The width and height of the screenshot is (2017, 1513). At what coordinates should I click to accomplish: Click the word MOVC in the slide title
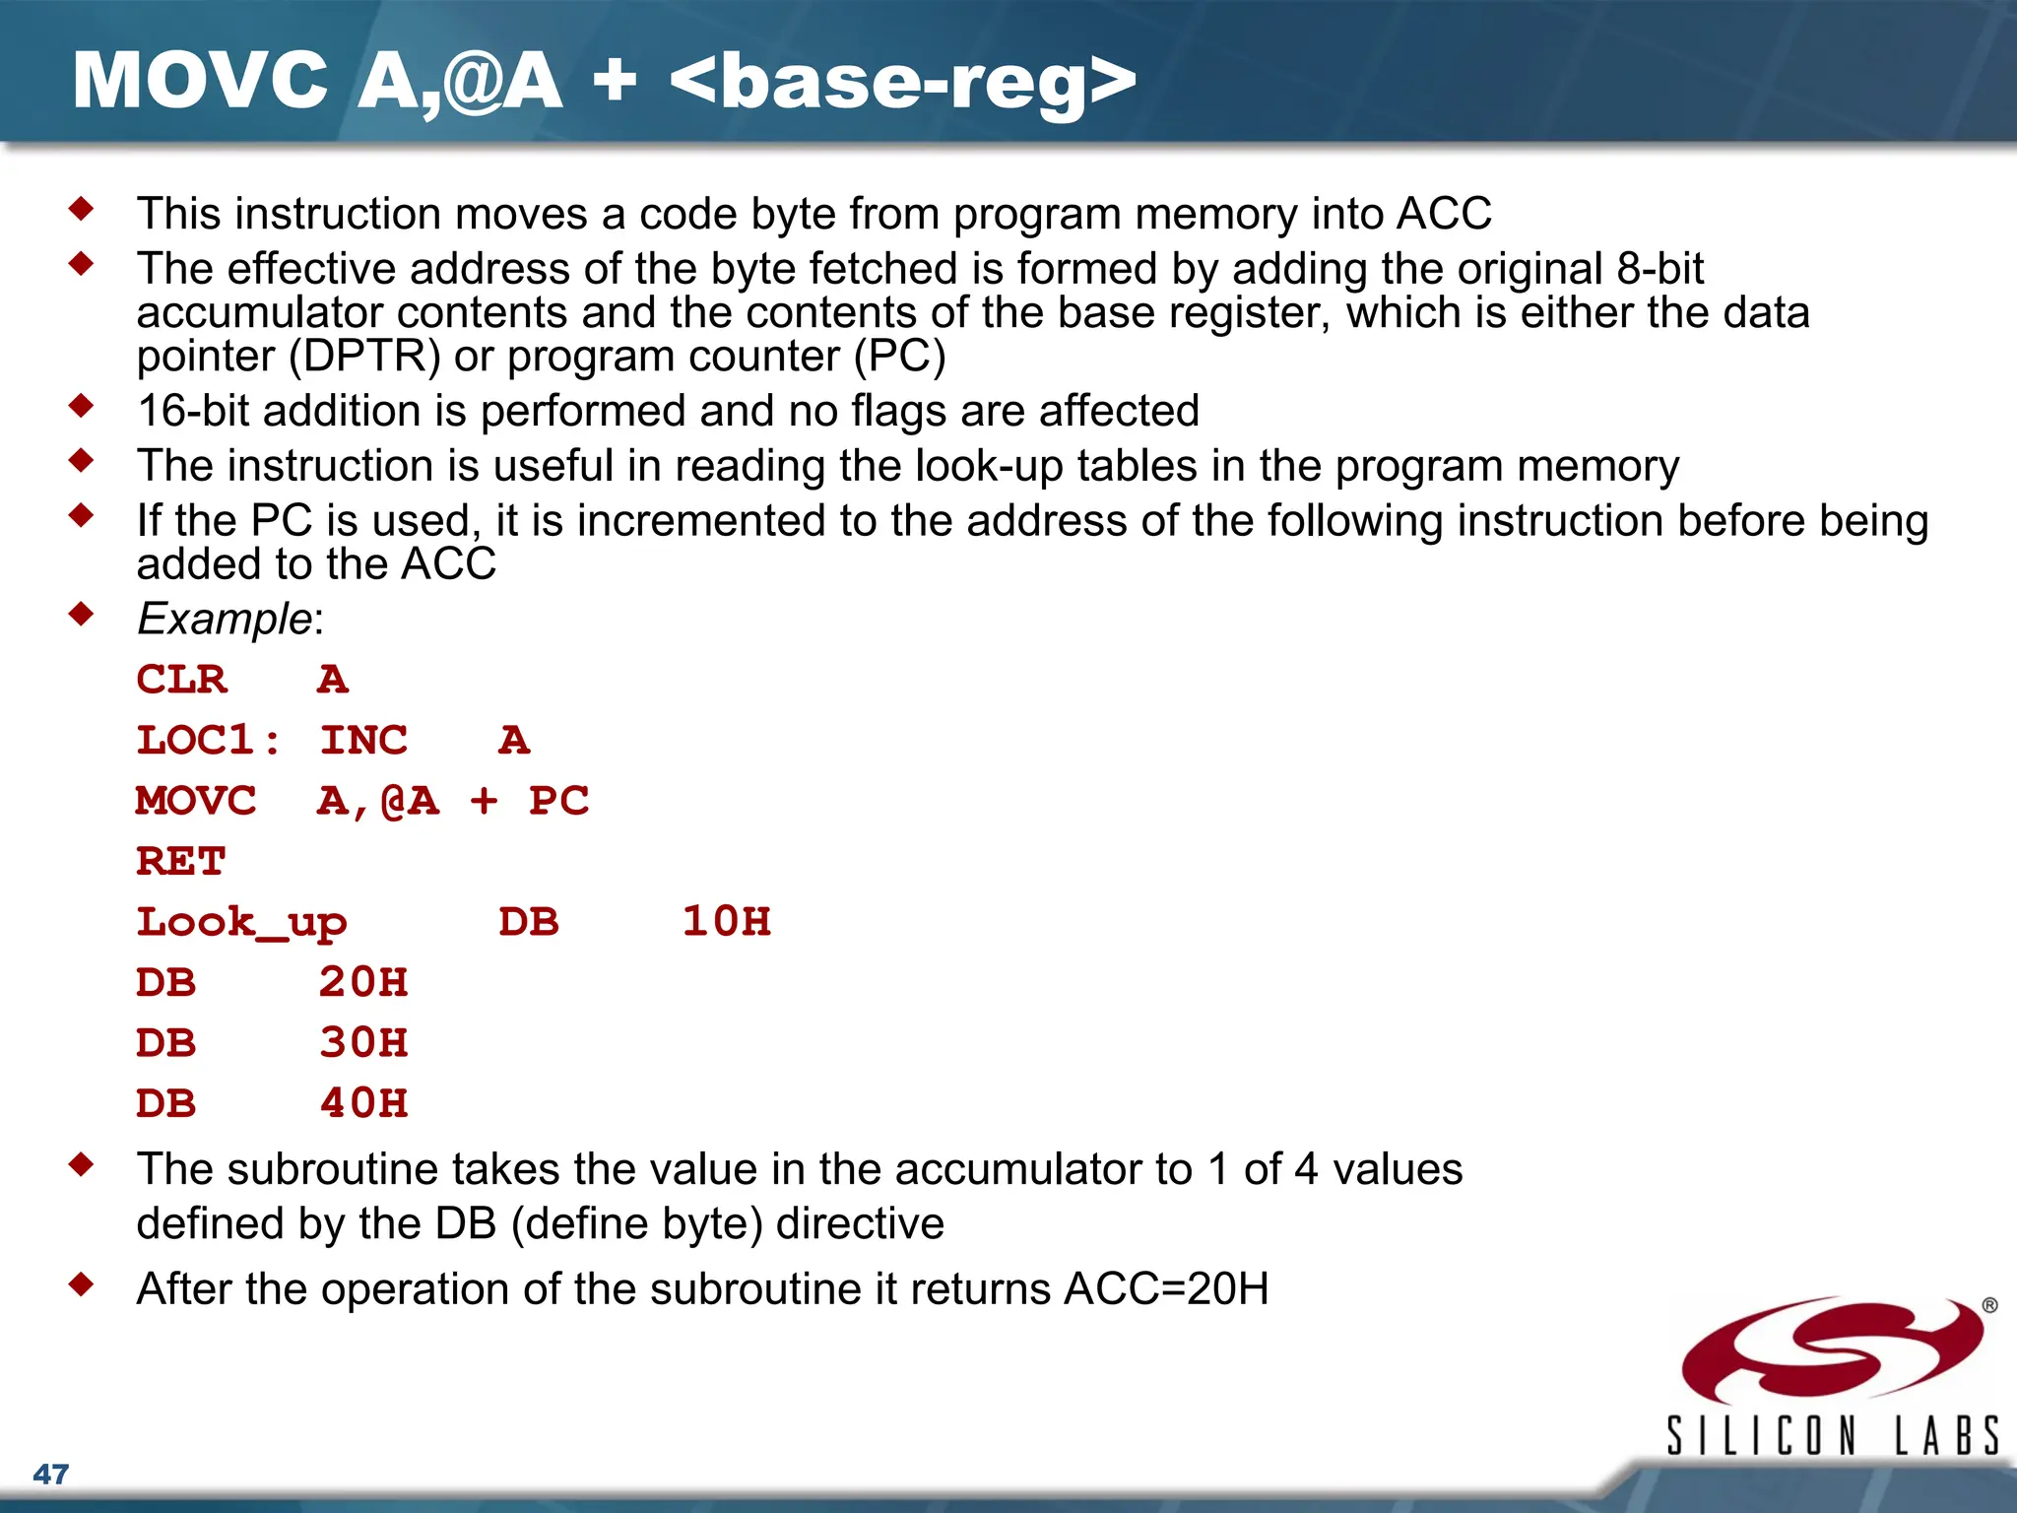click(x=200, y=81)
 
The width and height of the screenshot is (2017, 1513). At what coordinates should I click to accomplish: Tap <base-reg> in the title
click(x=902, y=81)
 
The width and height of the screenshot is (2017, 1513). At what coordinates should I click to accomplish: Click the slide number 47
click(x=51, y=1474)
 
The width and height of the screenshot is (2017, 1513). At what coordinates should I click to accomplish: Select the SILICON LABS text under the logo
click(x=1832, y=1435)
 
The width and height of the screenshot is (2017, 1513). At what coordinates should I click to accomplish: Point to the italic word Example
click(x=225, y=619)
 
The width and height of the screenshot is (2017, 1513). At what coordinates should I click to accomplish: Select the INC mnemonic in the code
click(x=363, y=741)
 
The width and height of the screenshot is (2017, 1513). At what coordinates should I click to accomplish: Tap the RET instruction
click(x=181, y=862)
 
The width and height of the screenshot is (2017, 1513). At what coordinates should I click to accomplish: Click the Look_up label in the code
click(x=241, y=923)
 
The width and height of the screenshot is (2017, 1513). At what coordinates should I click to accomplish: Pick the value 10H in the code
click(x=727, y=922)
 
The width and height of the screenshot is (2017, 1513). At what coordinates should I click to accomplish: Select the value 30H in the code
click(x=363, y=1043)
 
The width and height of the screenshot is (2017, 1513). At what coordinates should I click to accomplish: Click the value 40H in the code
click(x=363, y=1103)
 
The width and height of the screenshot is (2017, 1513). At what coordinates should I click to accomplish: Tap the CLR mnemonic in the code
click(x=181, y=680)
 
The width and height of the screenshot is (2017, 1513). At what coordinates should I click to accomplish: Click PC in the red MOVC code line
click(x=558, y=801)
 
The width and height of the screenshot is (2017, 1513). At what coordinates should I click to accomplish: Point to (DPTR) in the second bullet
click(x=364, y=357)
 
